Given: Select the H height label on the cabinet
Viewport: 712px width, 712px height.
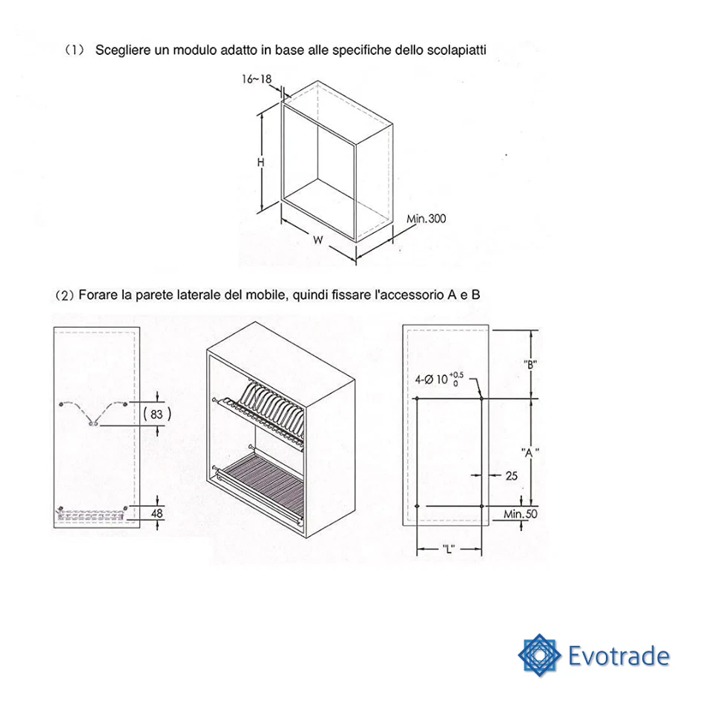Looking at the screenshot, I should coord(261,164).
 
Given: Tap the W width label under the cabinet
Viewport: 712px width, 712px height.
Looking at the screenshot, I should coord(317,240).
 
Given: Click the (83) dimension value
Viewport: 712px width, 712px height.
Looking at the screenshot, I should coord(156,415).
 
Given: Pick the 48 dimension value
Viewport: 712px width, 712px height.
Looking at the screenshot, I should coord(156,512).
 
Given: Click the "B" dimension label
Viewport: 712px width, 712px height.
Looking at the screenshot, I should coord(530,364).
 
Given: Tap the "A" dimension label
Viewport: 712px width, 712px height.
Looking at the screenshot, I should coord(530,452).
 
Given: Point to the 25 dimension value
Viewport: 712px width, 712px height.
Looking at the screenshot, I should coord(511,476).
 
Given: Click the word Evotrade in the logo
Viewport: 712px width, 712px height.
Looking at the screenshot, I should coord(618,656).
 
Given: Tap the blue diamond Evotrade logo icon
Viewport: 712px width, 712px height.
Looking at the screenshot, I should coord(539,654).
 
